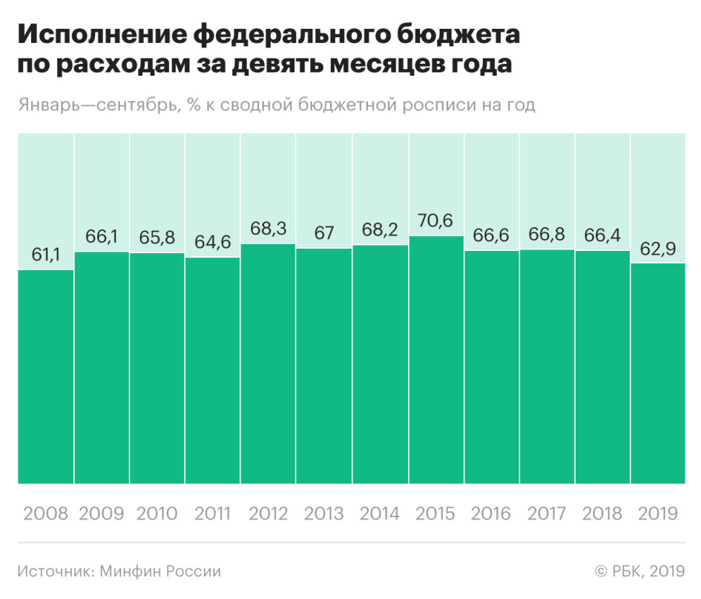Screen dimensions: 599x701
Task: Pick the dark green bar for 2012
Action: point(269,364)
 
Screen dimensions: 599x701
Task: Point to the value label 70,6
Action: point(435,220)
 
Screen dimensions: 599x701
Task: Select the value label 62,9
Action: point(658,249)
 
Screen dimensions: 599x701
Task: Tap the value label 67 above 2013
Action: point(324,233)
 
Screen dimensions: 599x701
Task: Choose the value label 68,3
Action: point(269,229)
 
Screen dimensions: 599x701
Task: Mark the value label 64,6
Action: point(213,242)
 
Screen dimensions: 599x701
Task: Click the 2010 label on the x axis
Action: point(157,514)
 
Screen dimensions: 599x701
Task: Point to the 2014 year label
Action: point(380,514)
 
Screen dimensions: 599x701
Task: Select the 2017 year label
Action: point(547,514)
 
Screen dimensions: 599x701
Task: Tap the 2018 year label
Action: point(602,514)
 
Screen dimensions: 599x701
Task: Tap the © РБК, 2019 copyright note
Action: point(640,572)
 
